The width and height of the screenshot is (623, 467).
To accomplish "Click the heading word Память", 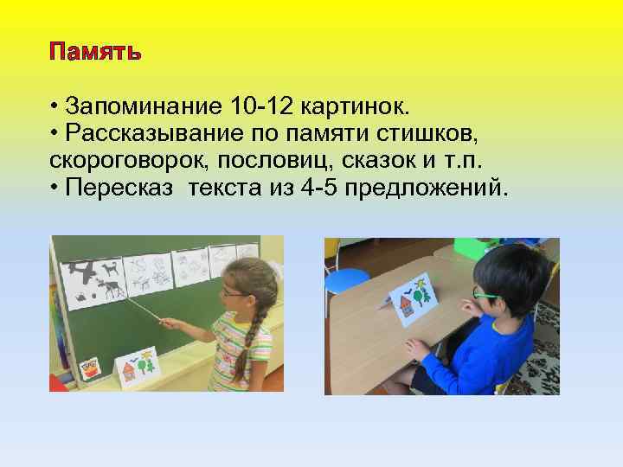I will pos(95,52).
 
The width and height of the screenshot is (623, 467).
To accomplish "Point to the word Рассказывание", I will pos(154,135).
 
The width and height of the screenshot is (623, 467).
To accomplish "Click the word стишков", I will pos(429,135).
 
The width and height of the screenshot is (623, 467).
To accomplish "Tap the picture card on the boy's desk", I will pos(412,301).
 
